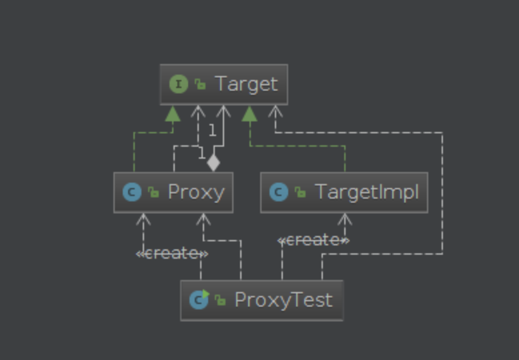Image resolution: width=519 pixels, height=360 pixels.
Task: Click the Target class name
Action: click(x=247, y=85)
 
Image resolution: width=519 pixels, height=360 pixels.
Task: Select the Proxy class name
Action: click(x=196, y=192)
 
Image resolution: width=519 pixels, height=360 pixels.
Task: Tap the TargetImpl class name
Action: click(x=367, y=192)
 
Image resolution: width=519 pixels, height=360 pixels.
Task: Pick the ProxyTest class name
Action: click(x=284, y=300)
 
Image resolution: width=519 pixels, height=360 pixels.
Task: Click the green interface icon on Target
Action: click(x=179, y=84)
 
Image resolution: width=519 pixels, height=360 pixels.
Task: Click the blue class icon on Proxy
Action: click(x=132, y=192)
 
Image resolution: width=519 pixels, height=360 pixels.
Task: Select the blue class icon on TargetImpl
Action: click(x=279, y=192)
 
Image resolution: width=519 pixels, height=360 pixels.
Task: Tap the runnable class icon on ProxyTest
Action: click(x=199, y=299)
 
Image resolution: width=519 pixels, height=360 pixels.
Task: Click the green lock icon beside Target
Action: click(x=200, y=84)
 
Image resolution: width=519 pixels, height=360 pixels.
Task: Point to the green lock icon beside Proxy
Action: click(x=153, y=192)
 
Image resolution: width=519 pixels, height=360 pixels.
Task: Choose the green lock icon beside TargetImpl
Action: click(x=300, y=192)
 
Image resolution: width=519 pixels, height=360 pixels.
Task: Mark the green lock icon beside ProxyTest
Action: click(x=220, y=300)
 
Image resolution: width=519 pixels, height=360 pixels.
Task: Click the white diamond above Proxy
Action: click(x=213, y=163)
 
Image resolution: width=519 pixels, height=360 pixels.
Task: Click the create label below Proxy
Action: click(x=172, y=254)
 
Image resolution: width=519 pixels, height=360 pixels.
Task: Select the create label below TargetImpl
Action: click(x=314, y=240)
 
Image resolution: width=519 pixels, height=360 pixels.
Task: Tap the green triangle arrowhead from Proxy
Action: click(x=173, y=113)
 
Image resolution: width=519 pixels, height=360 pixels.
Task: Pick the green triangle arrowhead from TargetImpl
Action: click(x=249, y=113)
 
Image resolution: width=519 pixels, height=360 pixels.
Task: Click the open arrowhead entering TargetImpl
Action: click(x=345, y=219)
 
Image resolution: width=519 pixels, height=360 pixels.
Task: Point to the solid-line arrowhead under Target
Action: click(x=223, y=111)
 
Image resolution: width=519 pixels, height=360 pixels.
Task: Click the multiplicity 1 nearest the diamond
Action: click(x=201, y=153)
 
